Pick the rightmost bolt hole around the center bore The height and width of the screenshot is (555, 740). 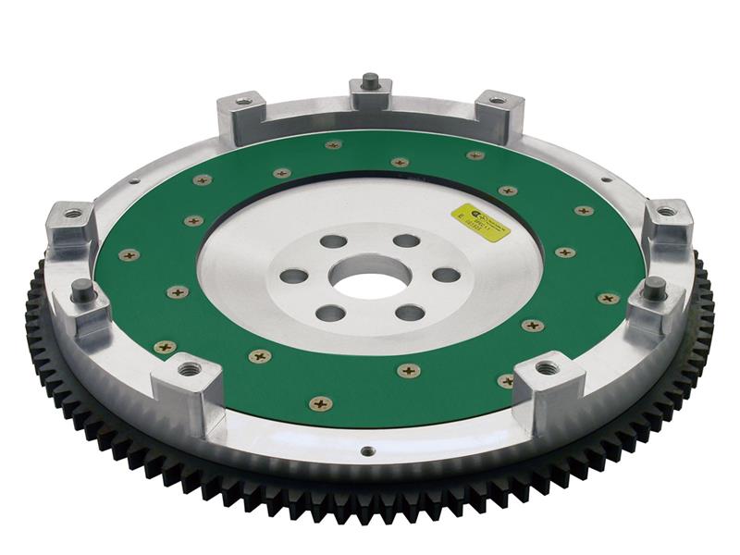(x=446, y=275)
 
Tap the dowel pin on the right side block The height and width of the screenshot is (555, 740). (x=655, y=285)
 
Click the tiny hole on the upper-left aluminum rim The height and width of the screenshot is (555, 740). (x=135, y=180)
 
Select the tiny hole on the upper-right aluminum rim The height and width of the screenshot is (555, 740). (x=606, y=180)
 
